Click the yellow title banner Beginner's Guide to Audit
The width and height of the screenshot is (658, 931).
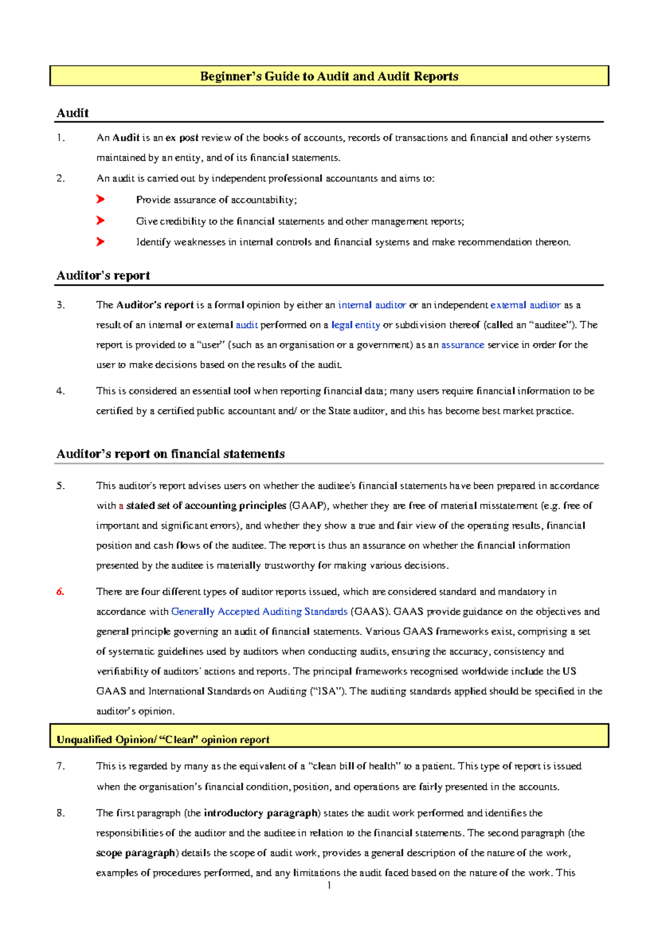pyautogui.click(x=329, y=76)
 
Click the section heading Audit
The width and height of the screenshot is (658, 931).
pyautogui.click(x=72, y=113)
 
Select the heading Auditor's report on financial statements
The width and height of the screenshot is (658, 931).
pyautogui.click(x=171, y=454)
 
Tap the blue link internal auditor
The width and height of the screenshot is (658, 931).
pyautogui.click(x=372, y=305)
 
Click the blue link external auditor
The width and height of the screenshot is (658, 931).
pyautogui.click(x=525, y=305)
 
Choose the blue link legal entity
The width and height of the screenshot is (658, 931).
pyautogui.click(x=355, y=325)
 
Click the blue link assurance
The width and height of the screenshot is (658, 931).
pyautogui.click(x=463, y=345)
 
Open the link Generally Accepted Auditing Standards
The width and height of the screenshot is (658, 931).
pyautogui.click(x=259, y=611)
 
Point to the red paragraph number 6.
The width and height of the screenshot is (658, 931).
pyautogui.click(x=60, y=592)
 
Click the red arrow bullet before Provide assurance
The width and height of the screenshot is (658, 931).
pyautogui.click(x=100, y=200)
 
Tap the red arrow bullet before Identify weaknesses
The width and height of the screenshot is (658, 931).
pyautogui.click(x=100, y=242)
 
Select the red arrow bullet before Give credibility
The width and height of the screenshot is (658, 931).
pyautogui.click(x=100, y=221)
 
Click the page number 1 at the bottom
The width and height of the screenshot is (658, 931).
pyautogui.click(x=328, y=886)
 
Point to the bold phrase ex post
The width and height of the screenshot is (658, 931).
pyautogui.click(x=181, y=138)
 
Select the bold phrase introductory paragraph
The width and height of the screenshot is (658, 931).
pyautogui.click(x=261, y=813)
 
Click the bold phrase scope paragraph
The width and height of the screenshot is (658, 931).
pyautogui.click(x=136, y=853)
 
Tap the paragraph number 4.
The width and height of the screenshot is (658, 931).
pyautogui.click(x=60, y=391)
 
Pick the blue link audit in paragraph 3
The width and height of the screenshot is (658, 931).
pyautogui.click(x=247, y=325)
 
